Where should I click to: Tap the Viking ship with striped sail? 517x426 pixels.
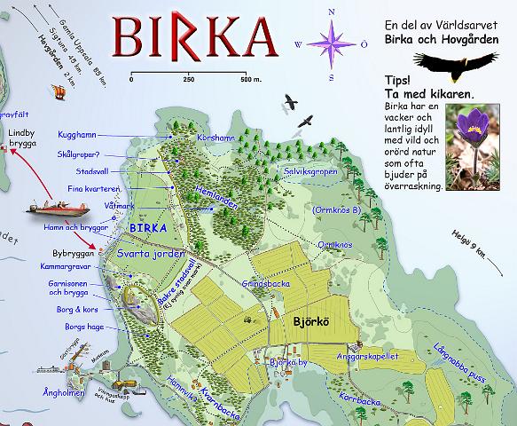[60, 91]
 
